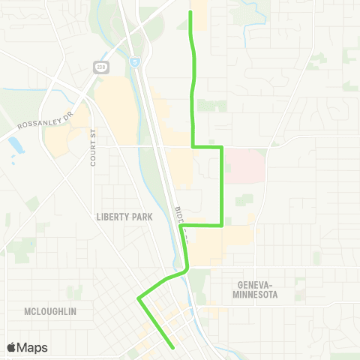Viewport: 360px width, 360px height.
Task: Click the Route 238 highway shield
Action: pyautogui.click(x=102, y=67)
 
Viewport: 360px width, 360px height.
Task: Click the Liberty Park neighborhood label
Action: pyautogui.click(x=124, y=217)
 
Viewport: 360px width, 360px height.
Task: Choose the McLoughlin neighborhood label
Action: pyautogui.click(x=49, y=310)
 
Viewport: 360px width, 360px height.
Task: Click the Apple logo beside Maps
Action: pyautogui.click(x=12, y=348)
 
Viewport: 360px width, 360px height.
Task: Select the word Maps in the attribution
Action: pyautogui.click(x=33, y=348)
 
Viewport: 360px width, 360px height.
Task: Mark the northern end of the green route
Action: pyautogui.click(x=190, y=12)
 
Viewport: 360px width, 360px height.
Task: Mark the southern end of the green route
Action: pyautogui.click(x=174, y=347)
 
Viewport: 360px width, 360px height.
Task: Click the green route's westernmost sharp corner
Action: pyautogui.click(x=139, y=298)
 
